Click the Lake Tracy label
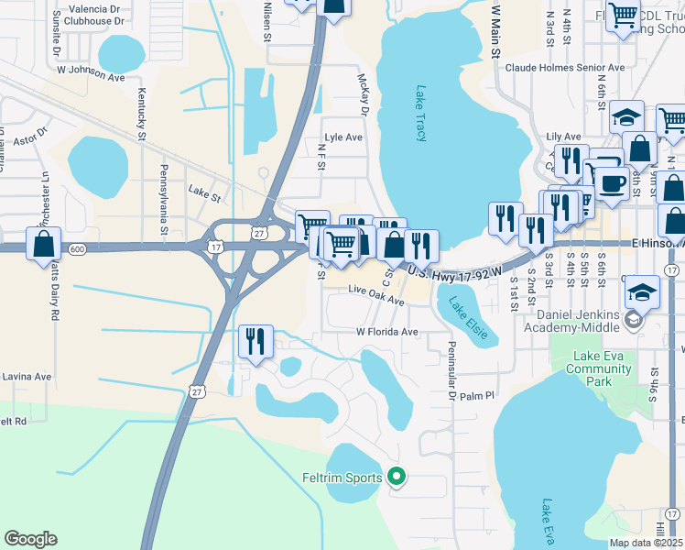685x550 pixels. tap(421, 114)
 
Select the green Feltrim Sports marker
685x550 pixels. tap(397, 476)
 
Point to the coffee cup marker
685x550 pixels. tap(612, 182)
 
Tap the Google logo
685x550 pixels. tap(30, 539)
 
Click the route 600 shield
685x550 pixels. tap(77, 248)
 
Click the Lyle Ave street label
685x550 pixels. tap(343, 137)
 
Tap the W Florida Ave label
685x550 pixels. tap(386, 331)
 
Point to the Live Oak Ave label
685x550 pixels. tap(375, 300)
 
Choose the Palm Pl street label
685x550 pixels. tap(476, 396)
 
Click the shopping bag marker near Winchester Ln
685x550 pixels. tap(44, 245)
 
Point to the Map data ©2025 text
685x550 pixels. tap(647, 543)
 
